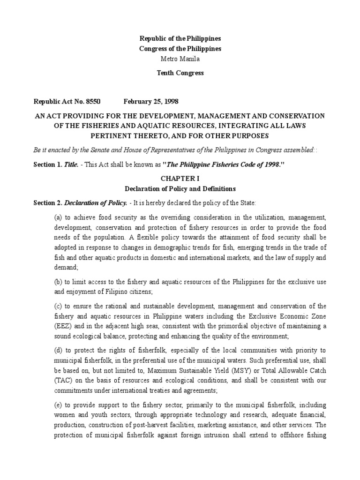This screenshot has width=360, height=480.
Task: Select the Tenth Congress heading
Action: pyautogui.click(x=180, y=73)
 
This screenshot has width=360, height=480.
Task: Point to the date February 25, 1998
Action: pyautogui.click(x=151, y=101)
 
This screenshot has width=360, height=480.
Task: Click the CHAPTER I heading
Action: pyautogui.click(x=180, y=179)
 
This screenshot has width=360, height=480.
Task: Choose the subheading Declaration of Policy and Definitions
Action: pyautogui.click(x=180, y=189)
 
